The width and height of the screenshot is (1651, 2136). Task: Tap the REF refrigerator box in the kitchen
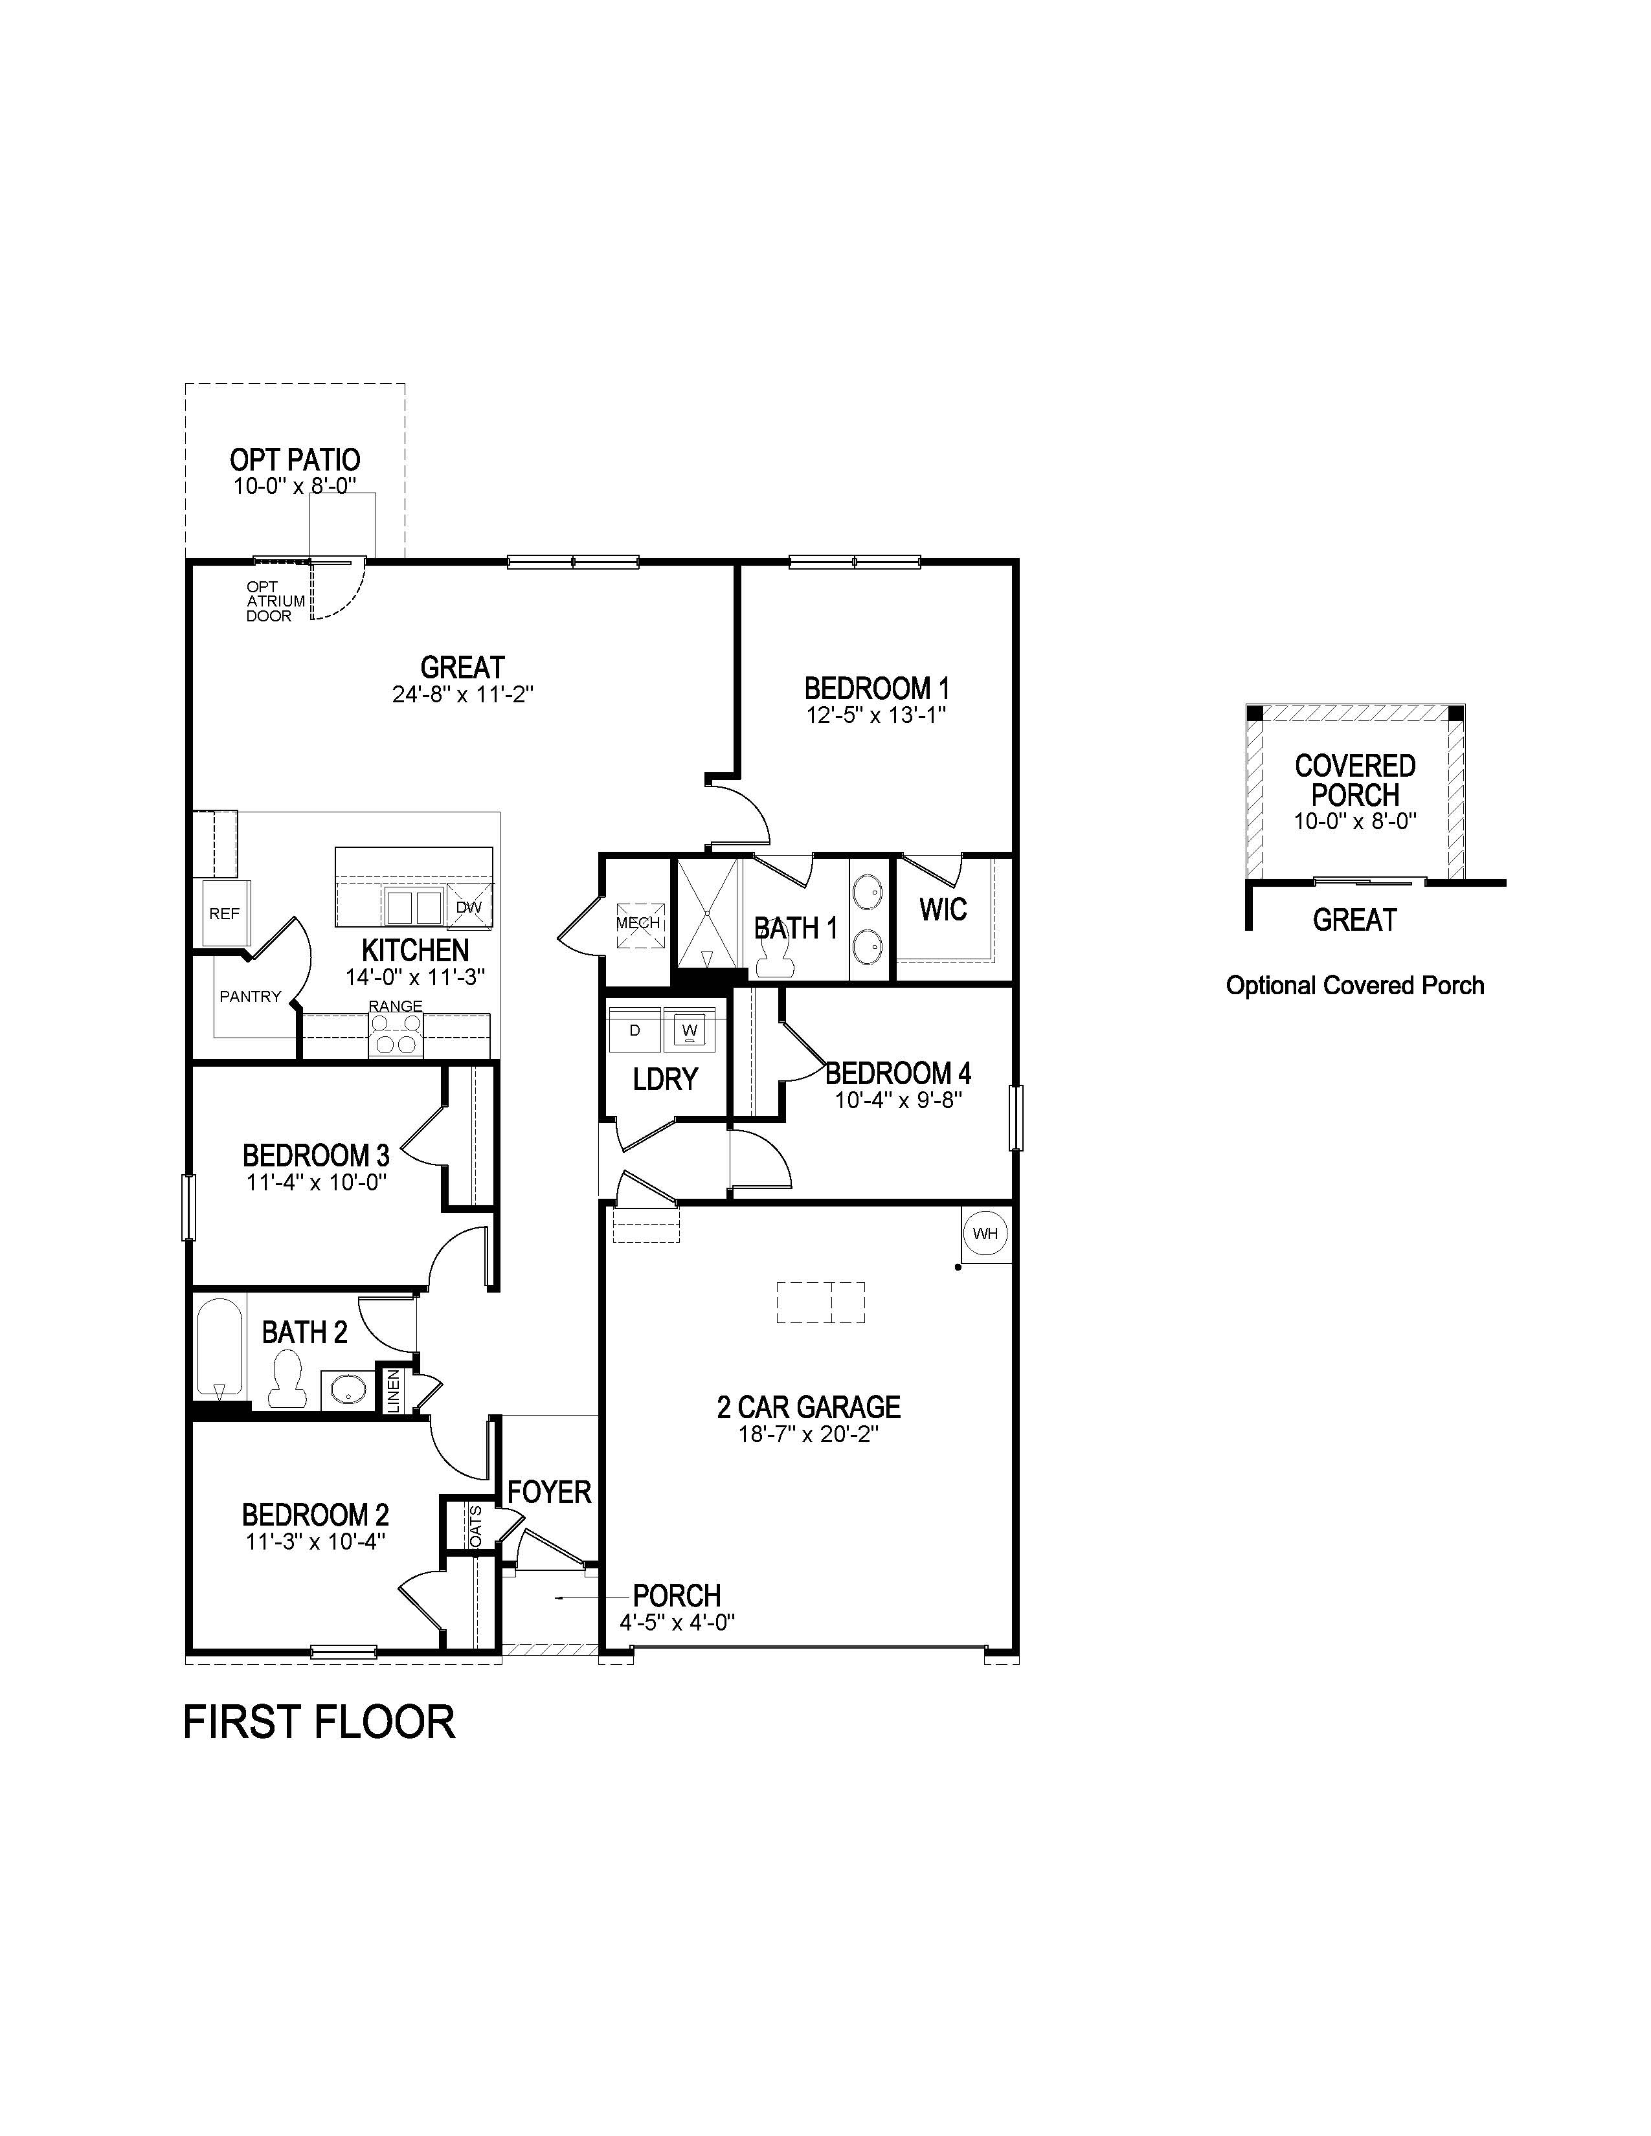tap(224, 913)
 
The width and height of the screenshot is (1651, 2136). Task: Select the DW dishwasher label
tap(469, 907)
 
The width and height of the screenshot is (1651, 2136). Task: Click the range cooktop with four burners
tap(396, 1034)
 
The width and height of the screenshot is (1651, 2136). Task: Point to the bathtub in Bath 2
tap(218, 1350)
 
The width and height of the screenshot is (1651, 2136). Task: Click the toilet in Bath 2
tap(287, 1378)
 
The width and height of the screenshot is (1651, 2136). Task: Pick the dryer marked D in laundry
tap(635, 1030)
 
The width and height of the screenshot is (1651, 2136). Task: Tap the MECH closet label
tap(638, 922)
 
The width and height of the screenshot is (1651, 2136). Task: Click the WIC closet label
tap(943, 909)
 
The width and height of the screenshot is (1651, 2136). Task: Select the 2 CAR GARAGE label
tap(808, 1407)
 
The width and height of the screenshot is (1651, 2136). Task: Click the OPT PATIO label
tap(295, 460)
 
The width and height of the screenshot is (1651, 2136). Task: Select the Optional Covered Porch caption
tap(1354, 986)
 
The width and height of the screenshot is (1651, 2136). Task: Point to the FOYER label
tap(548, 1493)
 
